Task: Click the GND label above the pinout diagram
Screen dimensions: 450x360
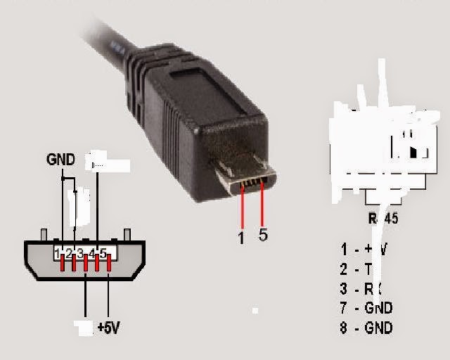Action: [x=60, y=160]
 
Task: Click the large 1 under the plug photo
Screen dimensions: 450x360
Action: [x=241, y=238]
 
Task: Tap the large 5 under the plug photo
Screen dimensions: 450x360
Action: [x=263, y=235]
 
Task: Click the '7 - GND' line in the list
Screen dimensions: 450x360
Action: [x=366, y=307]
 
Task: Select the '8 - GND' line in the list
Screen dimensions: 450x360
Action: [x=366, y=327]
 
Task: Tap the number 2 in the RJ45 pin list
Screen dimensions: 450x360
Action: [x=344, y=268]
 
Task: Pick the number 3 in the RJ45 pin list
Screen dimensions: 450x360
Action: [x=344, y=288]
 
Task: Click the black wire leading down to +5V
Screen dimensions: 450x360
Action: [x=109, y=295]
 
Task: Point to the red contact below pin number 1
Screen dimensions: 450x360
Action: [x=62, y=264]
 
